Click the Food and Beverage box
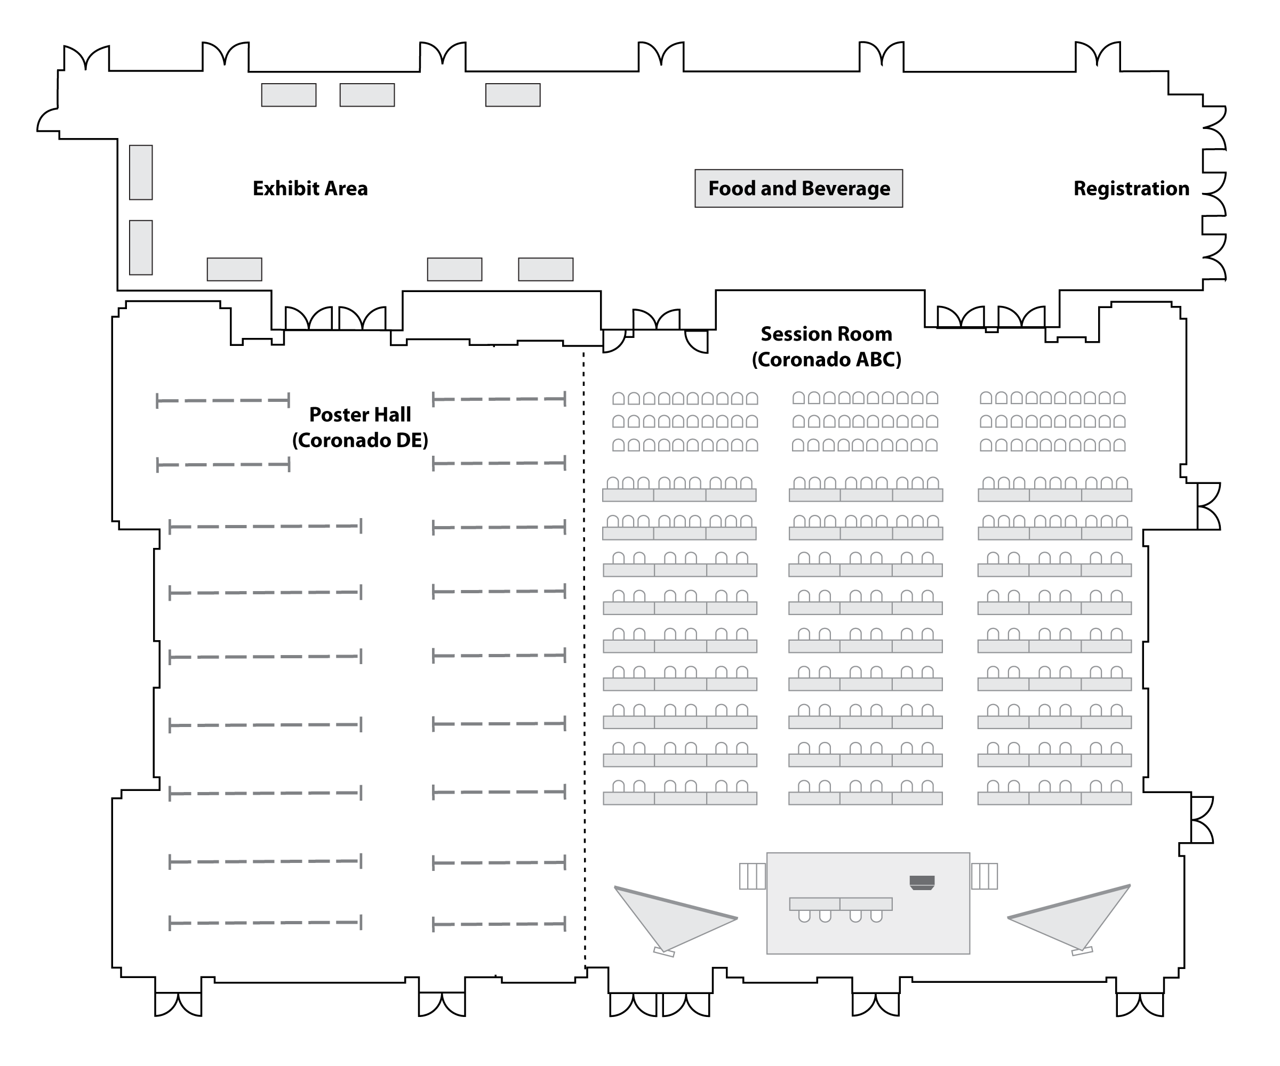point(798,188)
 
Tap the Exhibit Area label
point(310,188)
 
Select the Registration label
point(1131,188)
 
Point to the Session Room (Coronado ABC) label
point(827,346)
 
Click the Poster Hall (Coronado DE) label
point(360,427)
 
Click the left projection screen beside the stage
point(674,920)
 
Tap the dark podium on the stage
point(922,883)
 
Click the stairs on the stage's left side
point(752,876)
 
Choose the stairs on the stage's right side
point(985,876)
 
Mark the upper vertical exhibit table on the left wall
point(141,172)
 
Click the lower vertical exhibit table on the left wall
point(141,247)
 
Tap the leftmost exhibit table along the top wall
point(289,95)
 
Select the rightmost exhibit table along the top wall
point(513,95)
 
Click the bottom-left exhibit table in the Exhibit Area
point(235,269)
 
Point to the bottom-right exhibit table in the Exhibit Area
point(546,269)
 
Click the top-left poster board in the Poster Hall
point(223,401)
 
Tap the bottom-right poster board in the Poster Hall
point(499,924)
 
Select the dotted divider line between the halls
point(584,659)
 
